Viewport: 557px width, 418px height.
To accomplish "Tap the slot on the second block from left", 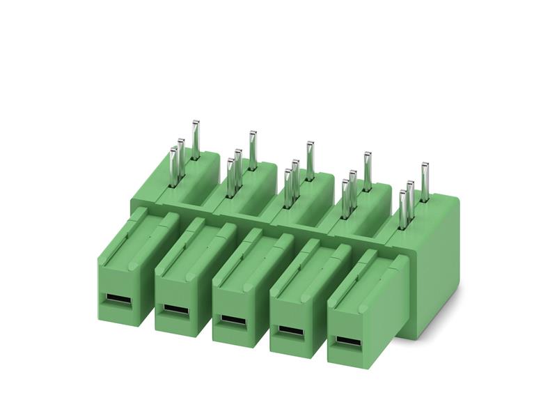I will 175,309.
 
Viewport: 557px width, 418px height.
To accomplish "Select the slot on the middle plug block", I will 233,319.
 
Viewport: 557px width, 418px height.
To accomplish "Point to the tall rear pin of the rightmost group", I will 425,178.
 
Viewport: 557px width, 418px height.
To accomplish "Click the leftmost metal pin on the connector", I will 173,167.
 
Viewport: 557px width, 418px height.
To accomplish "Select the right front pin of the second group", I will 238,168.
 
